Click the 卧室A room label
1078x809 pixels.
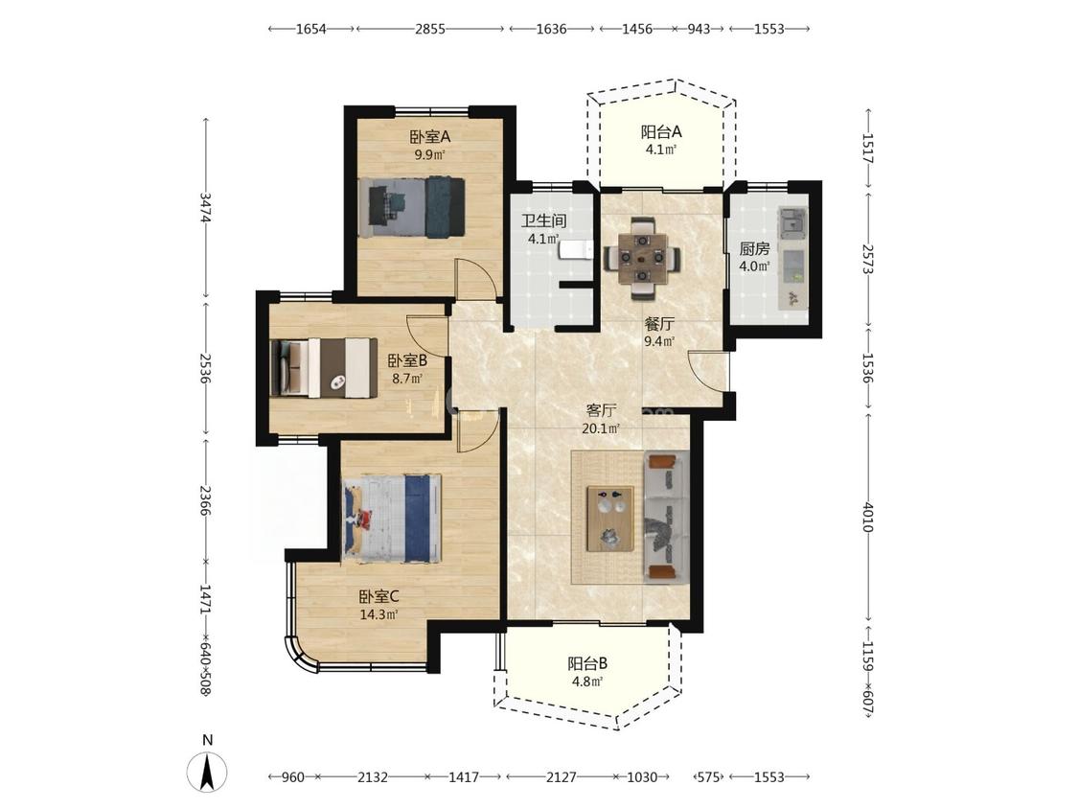coord(429,137)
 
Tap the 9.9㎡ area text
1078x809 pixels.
coord(429,154)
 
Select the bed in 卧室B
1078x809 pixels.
coord(324,367)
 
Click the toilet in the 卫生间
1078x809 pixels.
coord(576,250)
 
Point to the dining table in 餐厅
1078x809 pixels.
coord(643,259)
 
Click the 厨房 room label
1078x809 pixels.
coord(754,249)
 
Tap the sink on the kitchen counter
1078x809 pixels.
coord(792,223)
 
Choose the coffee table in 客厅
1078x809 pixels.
coord(609,519)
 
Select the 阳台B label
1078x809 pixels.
coord(587,664)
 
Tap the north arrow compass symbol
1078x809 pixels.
coord(208,772)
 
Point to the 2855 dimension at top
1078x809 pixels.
coord(429,29)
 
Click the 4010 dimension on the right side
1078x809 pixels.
coord(868,517)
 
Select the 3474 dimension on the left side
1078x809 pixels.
coord(205,206)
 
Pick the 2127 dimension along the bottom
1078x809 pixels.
coord(561,776)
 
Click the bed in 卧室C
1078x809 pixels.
coord(392,518)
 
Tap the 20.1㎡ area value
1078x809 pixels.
coord(601,428)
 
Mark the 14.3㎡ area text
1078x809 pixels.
coord(378,614)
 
